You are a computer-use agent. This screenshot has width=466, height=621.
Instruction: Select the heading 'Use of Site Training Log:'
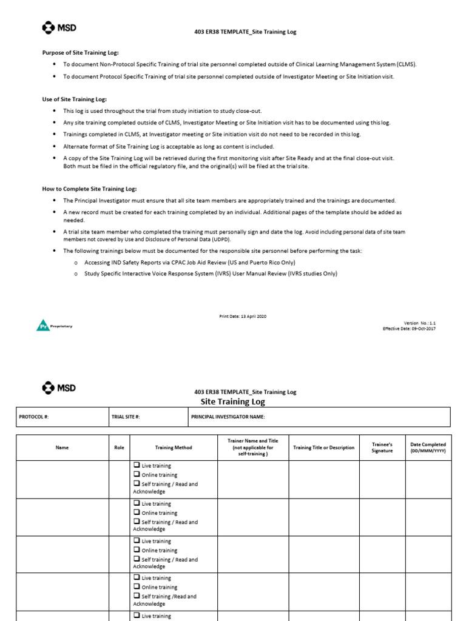(x=74, y=99)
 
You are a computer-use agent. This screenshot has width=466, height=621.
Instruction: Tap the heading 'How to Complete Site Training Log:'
(x=89, y=189)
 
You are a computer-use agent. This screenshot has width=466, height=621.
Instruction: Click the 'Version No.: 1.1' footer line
(x=419, y=323)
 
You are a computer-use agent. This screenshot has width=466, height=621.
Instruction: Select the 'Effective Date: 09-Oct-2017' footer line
(x=409, y=329)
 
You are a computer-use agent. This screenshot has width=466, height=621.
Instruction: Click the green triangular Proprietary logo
(x=41, y=326)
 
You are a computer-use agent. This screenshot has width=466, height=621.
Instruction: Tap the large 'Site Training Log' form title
(x=232, y=401)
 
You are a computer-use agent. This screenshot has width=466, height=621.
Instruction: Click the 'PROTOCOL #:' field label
(x=33, y=417)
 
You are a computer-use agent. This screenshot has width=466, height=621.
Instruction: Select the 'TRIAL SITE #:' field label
(x=126, y=417)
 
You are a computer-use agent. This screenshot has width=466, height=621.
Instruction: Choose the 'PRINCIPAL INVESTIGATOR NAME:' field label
(x=228, y=417)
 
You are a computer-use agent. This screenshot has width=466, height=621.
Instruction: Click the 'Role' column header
(x=119, y=448)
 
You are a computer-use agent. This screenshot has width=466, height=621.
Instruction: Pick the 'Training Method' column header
(x=174, y=448)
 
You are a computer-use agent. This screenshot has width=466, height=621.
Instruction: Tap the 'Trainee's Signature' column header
(x=382, y=448)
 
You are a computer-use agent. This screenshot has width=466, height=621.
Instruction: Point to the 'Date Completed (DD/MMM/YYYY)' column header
(x=428, y=448)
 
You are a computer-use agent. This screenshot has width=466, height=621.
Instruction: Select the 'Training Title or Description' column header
(x=323, y=448)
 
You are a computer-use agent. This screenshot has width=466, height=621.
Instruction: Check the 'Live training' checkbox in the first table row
(x=137, y=465)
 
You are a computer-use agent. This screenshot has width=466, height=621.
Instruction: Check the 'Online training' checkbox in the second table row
(x=137, y=512)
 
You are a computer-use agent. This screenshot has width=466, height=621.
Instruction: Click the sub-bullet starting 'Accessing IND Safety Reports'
(x=188, y=262)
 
